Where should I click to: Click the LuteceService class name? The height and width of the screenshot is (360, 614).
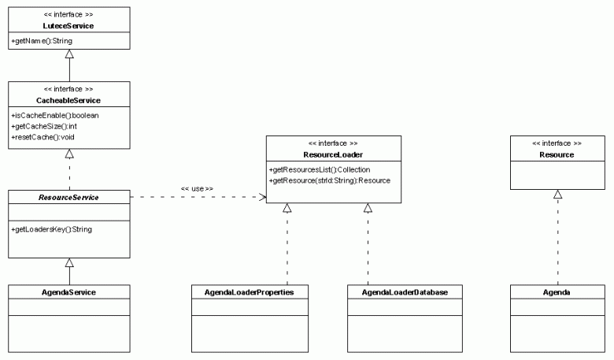pyautogui.click(x=69, y=26)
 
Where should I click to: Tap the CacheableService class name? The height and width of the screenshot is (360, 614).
pyautogui.click(x=69, y=100)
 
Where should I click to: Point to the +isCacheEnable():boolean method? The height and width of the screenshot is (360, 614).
pyautogui.click(x=54, y=115)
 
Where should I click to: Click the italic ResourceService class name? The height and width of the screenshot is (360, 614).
pyautogui.click(x=69, y=197)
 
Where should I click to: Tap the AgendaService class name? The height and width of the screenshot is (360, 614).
pyautogui.click(x=69, y=292)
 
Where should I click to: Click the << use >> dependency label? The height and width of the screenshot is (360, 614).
pyautogui.click(x=197, y=188)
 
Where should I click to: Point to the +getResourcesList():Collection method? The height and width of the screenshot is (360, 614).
pyautogui.click(x=320, y=169)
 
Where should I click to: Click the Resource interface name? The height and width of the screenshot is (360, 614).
pyautogui.click(x=557, y=155)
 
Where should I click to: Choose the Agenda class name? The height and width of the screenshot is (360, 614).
pyautogui.click(x=557, y=292)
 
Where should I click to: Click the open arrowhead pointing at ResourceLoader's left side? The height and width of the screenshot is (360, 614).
pyautogui.click(x=262, y=197)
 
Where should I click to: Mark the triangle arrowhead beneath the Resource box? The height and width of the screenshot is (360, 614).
pyautogui.click(x=557, y=195)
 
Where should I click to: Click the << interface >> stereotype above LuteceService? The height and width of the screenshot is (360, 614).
pyautogui.click(x=69, y=15)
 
